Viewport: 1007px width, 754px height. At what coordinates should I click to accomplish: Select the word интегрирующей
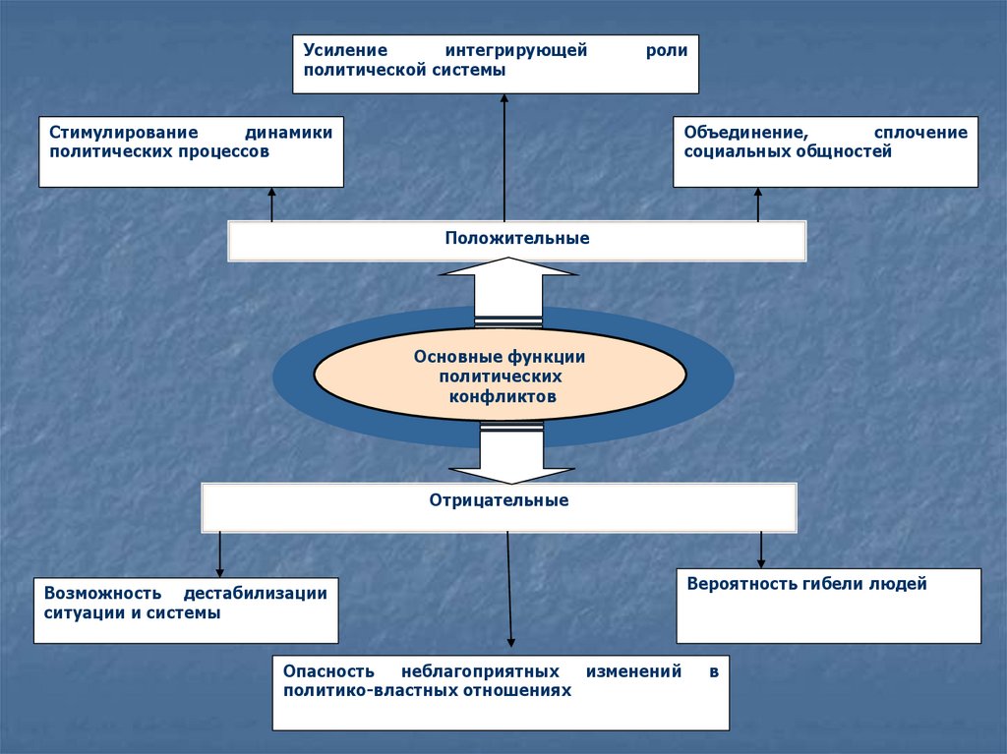point(515,51)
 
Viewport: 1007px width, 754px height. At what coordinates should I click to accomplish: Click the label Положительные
point(517,238)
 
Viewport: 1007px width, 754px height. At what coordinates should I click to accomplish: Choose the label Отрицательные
point(499,500)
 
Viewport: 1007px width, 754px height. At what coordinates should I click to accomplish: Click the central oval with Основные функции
point(500,376)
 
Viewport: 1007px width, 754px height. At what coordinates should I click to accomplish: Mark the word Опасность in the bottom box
point(329,672)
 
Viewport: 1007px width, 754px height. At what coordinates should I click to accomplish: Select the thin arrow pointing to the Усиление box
point(504,157)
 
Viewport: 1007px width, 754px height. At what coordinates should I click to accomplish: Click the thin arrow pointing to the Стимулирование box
point(271,204)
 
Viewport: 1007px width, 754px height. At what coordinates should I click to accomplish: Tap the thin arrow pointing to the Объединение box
point(758,204)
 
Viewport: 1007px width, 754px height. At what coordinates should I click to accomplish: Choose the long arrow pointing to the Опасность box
point(509,590)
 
